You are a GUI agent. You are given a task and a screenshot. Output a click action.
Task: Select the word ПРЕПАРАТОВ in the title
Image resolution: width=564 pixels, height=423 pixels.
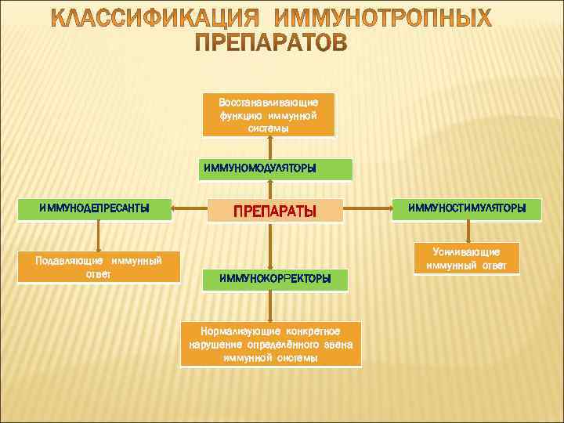pos(270,43)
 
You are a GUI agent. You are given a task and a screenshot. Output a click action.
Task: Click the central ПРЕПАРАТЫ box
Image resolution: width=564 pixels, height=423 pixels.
pos(276,210)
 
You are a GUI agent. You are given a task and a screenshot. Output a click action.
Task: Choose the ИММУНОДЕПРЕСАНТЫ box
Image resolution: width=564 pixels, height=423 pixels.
pos(95,208)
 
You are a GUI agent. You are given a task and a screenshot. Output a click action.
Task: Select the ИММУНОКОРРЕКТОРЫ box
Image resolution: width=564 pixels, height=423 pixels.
pos(274,278)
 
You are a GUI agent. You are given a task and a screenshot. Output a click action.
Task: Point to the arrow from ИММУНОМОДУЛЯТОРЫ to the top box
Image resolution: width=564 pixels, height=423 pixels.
pos(270,147)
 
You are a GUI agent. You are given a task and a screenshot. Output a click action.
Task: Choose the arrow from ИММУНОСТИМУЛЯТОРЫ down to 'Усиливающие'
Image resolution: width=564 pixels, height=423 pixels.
pos(468,231)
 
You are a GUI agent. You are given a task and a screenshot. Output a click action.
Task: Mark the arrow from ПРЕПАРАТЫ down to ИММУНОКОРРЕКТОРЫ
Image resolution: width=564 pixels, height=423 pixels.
pos(270,245)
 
